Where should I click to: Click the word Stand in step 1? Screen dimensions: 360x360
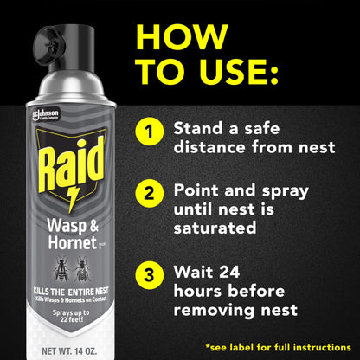click(x=198, y=127)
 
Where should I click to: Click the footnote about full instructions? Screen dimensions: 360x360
click(x=276, y=346)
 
